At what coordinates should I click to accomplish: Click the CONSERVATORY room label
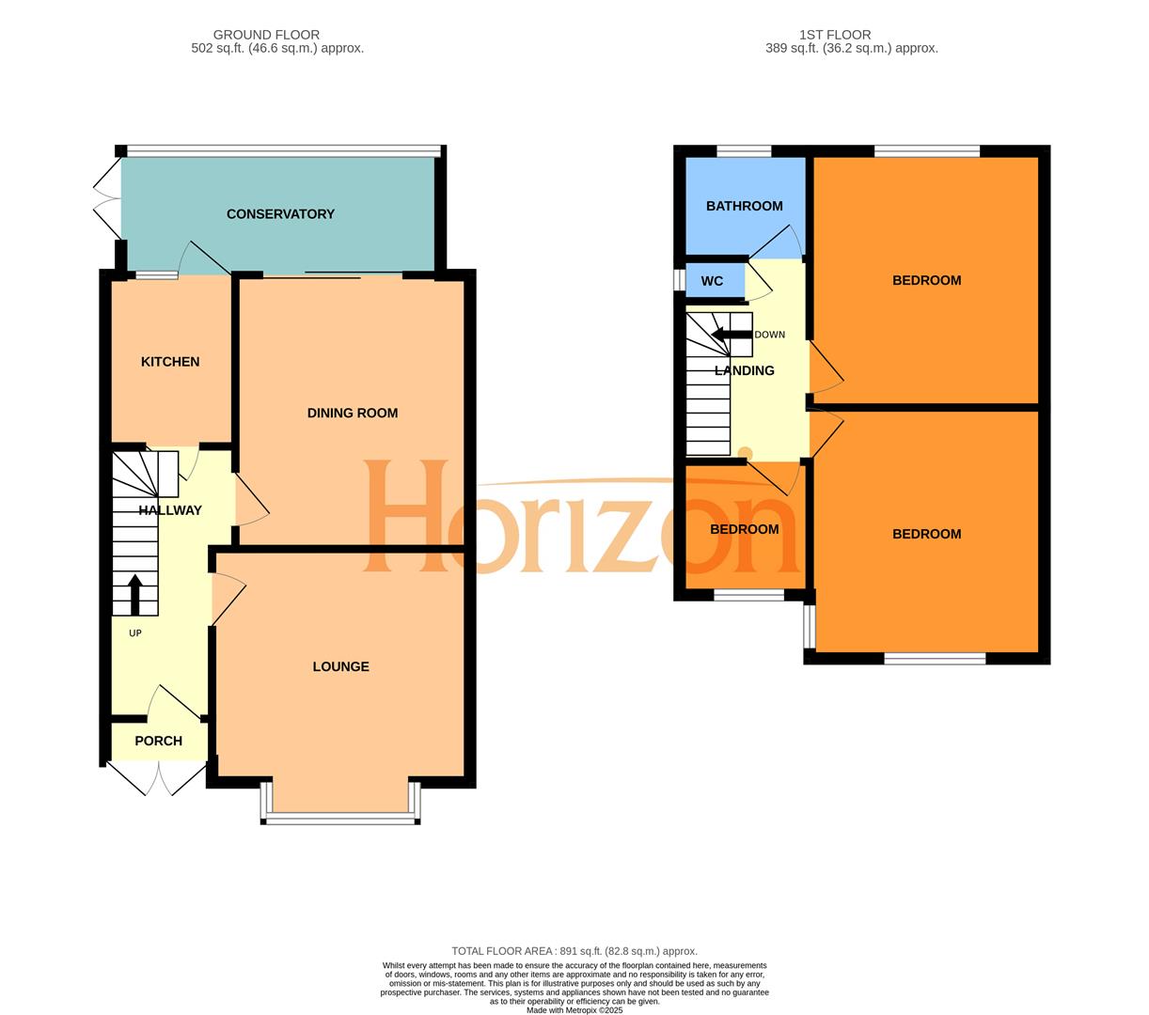pos(280,214)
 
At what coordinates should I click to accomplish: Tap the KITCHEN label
pos(170,362)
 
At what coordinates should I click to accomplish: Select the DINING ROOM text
pos(353,413)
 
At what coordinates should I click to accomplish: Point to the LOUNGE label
pos(340,666)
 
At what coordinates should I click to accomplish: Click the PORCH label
pos(158,741)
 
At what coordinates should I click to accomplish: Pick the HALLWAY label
pos(170,510)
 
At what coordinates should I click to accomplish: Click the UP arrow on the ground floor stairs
pos(134,593)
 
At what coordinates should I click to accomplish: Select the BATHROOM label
pos(744,206)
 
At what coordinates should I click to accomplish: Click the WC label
pos(712,281)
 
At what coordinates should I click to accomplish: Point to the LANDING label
pos(744,370)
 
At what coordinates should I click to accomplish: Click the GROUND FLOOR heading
pos(266,35)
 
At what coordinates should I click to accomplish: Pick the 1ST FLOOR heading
pos(834,35)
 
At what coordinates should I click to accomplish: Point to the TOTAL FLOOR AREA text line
pos(574,951)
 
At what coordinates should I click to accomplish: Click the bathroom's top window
pos(744,150)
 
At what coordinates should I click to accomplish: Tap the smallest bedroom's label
pos(744,529)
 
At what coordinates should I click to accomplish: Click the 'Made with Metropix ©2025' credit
pos(574,1010)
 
